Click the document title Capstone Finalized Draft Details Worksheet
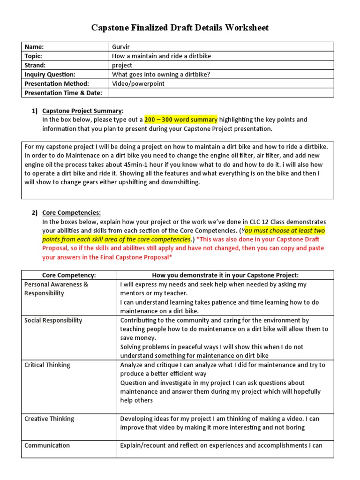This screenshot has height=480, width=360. click(x=180, y=28)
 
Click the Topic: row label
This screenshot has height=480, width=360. click(x=33, y=56)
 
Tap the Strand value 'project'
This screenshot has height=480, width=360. click(x=122, y=65)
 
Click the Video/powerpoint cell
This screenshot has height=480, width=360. click(x=138, y=83)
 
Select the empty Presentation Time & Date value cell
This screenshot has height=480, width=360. click(x=220, y=93)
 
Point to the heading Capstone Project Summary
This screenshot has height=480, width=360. click(x=82, y=111)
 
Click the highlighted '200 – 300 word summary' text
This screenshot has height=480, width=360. click(x=180, y=120)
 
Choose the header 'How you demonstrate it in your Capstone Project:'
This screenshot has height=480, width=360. click(x=225, y=275)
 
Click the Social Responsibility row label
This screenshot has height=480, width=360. click(x=53, y=320)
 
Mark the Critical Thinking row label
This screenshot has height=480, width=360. click(x=47, y=365)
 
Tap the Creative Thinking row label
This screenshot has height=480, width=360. click(x=49, y=419)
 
